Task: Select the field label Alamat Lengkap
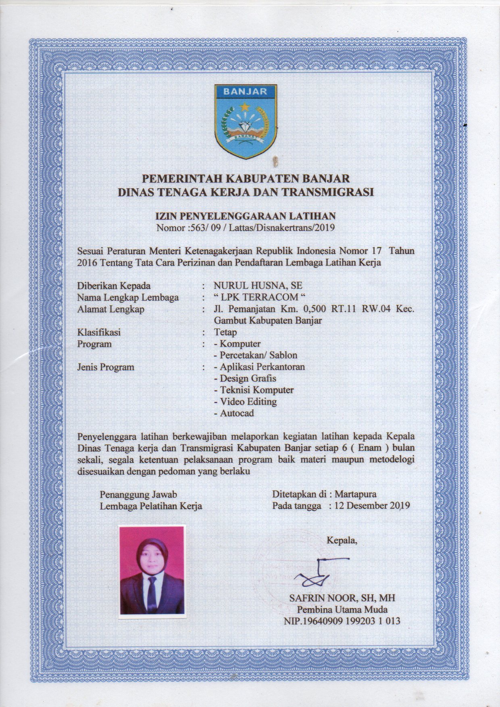pos(110,310)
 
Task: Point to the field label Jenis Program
pos(105,367)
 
